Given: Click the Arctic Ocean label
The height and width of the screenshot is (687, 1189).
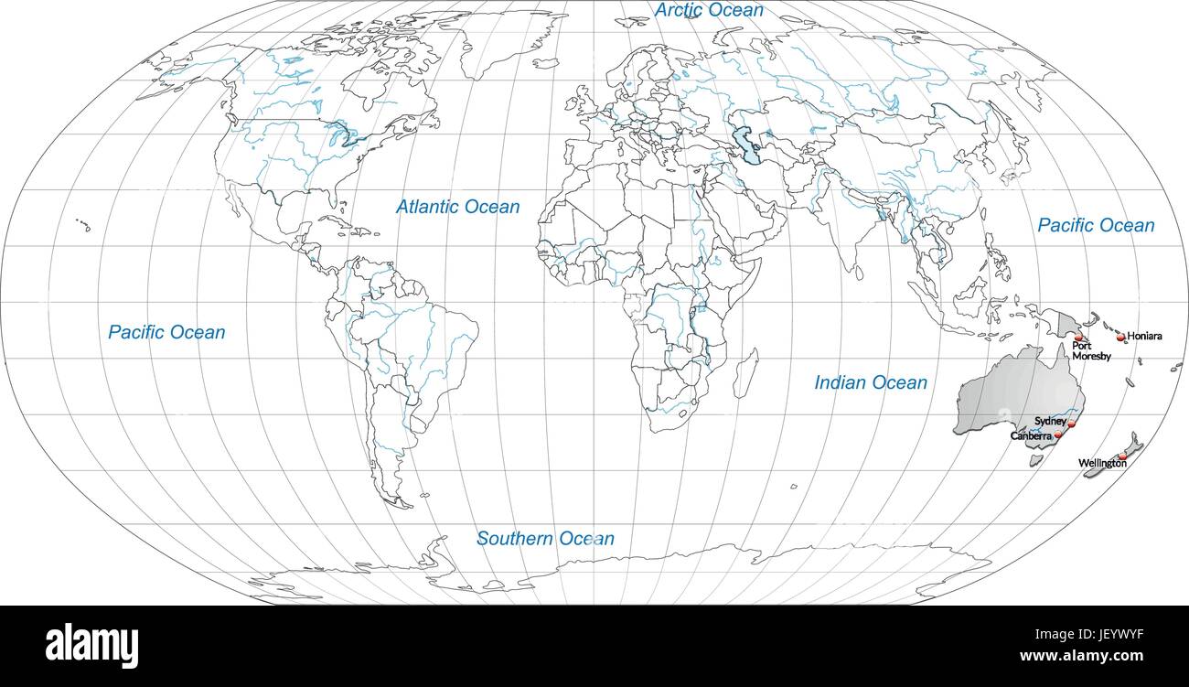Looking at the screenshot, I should coord(709,11).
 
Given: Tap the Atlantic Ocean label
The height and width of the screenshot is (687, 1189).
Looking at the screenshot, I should coord(457,208).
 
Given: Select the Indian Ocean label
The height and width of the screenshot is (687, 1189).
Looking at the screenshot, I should coord(871,383).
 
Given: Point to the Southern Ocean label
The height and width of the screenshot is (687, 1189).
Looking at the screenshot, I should coord(545,539).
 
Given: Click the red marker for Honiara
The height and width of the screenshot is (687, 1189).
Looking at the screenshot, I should coord(1121,338).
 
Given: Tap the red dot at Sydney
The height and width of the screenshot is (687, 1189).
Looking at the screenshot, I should coord(1071,424).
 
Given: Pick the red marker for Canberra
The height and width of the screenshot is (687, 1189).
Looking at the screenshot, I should coord(1059,436).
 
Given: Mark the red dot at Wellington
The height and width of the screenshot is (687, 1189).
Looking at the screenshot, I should coord(1122,456).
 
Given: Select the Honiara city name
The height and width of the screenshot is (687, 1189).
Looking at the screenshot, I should coord(1145,336).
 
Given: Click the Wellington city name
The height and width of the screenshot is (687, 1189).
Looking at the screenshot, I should coord(1102,464).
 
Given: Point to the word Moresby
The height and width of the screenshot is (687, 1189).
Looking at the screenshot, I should coord(1092,357).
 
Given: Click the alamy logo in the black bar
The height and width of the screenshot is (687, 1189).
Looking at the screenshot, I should coord(91,645).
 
